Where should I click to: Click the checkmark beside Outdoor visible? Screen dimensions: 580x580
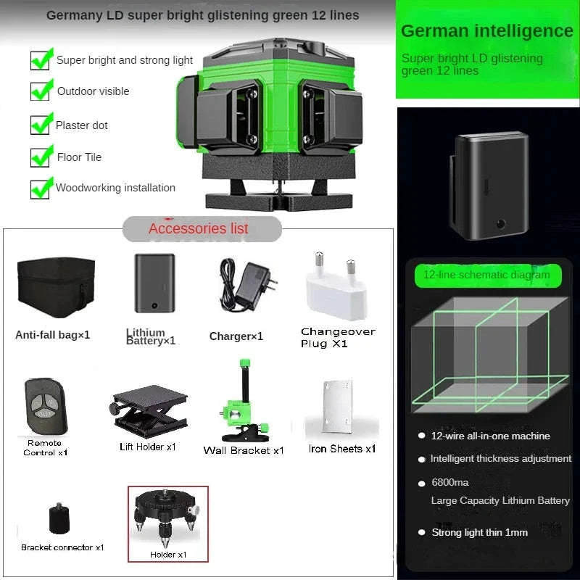click(x=41, y=90)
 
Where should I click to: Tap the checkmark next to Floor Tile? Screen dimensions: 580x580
click(x=41, y=156)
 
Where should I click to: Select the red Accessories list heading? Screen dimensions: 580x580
click(x=199, y=228)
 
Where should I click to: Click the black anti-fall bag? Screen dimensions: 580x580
click(x=56, y=287)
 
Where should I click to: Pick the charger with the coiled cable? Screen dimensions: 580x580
click(x=246, y=284)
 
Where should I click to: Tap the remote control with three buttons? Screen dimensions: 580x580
click(x=45, y=406)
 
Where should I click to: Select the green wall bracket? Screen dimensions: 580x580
click(x=243, y=406)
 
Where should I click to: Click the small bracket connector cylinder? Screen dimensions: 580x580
click(x=58, y=519)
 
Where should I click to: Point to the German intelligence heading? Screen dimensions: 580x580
click(x=486, y=31)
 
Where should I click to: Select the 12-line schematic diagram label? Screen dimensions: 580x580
click(x=487, y=275)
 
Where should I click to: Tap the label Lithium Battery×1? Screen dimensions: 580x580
click(x=151, y=336)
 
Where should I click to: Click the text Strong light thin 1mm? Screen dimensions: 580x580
click(x=479, y=532)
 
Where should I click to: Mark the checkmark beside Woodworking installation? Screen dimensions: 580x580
click(x=41, y=188)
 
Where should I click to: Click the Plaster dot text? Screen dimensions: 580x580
click(x=82, y=125)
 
